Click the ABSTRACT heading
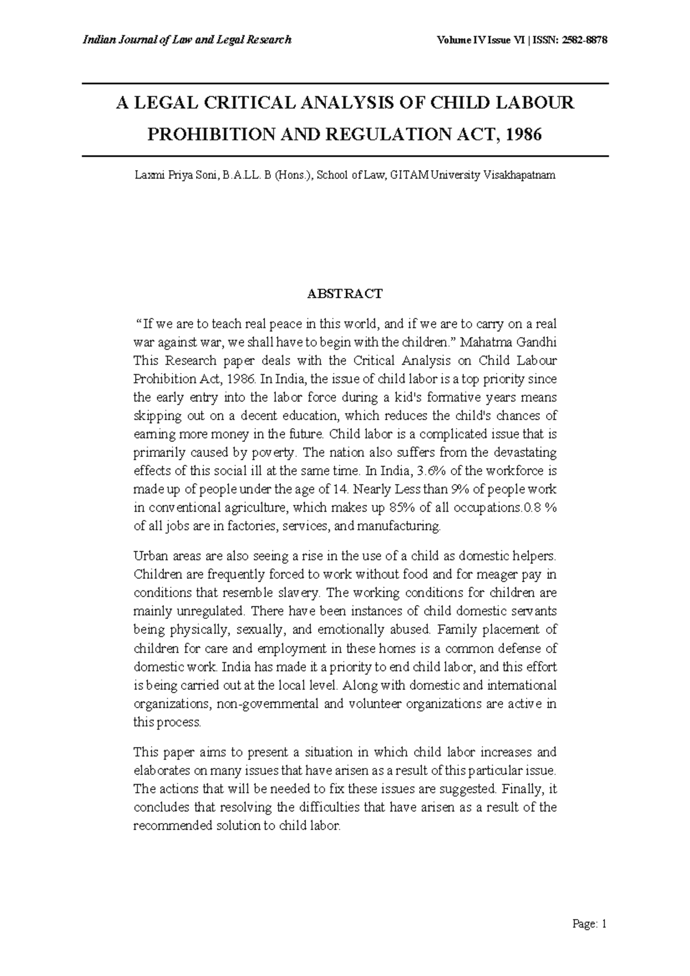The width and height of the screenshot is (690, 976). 344,294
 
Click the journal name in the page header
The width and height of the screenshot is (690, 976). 187,40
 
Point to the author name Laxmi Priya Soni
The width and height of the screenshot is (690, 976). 175,175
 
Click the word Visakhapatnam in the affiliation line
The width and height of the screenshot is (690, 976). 519,175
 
